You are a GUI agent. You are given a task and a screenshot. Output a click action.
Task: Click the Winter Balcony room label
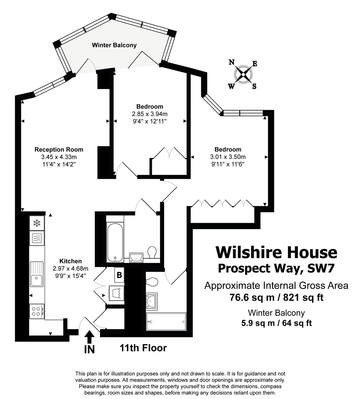click(x=114, y=45)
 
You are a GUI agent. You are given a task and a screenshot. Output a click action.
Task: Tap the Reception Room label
click(x=59, y=150)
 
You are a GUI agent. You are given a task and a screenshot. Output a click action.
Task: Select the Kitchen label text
click(x=70, y=261)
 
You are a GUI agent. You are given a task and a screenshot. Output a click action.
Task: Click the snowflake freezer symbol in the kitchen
click(x=37, y=222)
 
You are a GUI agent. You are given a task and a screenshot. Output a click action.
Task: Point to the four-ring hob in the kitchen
click(x=37, y=312)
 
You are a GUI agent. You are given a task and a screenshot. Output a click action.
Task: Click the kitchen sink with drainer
click(x=37, y=274)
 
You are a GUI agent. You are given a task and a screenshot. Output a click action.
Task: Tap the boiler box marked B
click(x=119, y=275)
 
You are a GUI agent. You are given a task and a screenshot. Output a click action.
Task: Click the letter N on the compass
click(x=232, y=62)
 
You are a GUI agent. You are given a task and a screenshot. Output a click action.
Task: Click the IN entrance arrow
click(x=89, y=337)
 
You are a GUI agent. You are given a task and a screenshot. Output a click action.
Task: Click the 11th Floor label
click(x=143, y=348)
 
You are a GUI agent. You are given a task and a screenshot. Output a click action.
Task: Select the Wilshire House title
click(x=276, y=252)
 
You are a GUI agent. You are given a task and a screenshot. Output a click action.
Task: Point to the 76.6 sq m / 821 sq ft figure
click(x=276, y=297)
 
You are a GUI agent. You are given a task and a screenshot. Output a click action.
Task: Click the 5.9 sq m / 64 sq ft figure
click(x=276, y=323)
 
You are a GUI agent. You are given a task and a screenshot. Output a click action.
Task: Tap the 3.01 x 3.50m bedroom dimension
click(x=228, y=157)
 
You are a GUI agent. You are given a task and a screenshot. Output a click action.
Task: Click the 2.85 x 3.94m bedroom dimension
click(x=149, y=114)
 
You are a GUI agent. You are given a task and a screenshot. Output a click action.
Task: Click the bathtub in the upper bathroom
click(x=115, y=242)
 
